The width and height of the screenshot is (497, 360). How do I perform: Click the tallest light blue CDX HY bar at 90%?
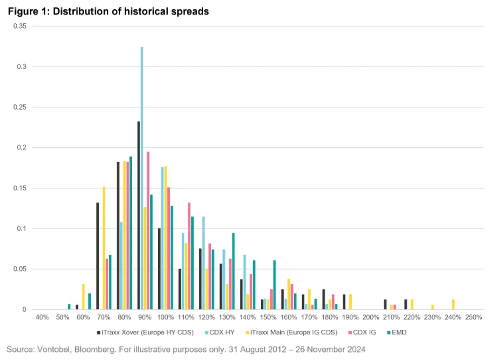pyautogui.click(x=142, y=178)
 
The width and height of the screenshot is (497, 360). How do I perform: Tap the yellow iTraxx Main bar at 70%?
pyautogui.click(x=104, y=248)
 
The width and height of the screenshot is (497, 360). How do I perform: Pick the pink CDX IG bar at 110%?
pyautogui.click(x=189, y=256)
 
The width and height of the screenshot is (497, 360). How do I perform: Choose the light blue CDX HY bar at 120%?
pyautogui.click(x=203, y=263)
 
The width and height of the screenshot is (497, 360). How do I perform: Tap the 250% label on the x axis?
pyautogui.click(x=473, y=317)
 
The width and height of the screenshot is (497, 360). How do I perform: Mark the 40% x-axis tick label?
pyautogui.click(x=42, y=317)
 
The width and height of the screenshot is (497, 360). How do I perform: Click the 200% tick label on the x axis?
pyautogui.click(x=371, y=317)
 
